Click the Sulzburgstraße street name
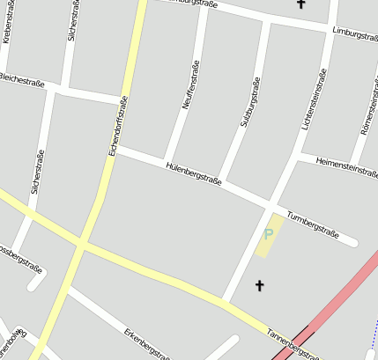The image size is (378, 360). pyautogui.click(x=250, y=102)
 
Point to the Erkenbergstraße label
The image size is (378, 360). pyautogui.click(x=146, y=345)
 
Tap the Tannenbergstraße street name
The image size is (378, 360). pyautogui.click(x=293, y=345)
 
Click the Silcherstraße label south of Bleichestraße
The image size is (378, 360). pyautogui.click(x=39, y=172)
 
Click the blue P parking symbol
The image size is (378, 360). pyautogui.click(x=269, y=234)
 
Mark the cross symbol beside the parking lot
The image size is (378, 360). pyautogui.click(x=259, y=285)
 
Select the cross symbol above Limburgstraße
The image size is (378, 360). pyautogui.click(x=300, y=4)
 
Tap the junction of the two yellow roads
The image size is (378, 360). pyautogui.click(x=81, y=242)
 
